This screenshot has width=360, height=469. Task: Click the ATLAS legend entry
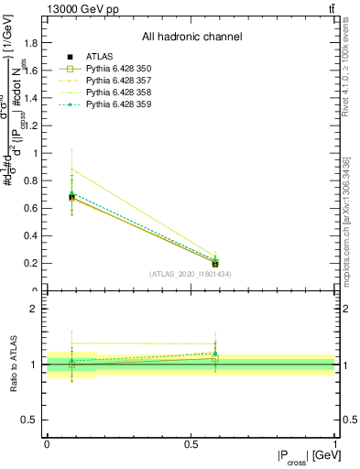97,56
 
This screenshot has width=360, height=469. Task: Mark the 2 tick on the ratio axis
35,310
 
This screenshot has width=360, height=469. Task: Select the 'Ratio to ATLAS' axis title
15,365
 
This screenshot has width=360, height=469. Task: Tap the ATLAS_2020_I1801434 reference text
190,274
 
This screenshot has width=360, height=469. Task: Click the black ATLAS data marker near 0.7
71,197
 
